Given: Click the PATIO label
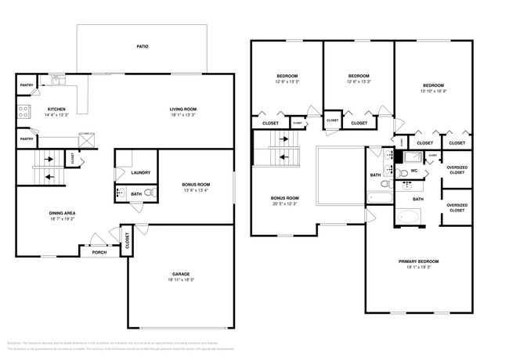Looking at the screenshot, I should click(143, 46).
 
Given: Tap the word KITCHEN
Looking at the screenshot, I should click(57, 109).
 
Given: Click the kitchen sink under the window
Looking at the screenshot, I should click(58, 80).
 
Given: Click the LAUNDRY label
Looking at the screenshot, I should click(141, 172).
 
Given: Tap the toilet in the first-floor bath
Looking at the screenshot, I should click(149, 193).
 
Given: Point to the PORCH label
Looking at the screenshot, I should click(99, 252).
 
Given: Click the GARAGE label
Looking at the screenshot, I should click(181, 274).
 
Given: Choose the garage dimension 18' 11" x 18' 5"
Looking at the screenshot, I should click(181, 281).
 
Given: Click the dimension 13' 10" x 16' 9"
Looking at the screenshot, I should click(433, 91).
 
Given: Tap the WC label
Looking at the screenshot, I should click(414, 170).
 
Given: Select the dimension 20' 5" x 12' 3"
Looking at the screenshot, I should click(285, 204).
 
